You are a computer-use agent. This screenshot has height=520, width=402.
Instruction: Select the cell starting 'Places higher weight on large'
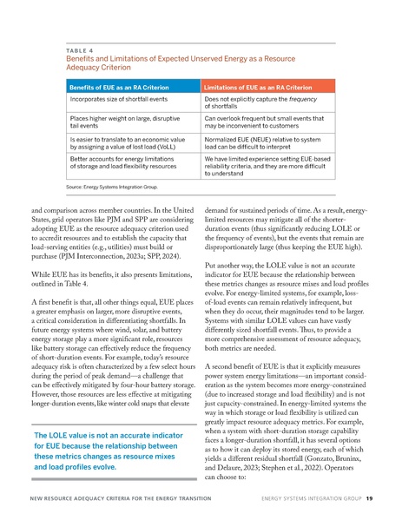[x=120, y=126]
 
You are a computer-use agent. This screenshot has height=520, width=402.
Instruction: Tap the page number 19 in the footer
[x=370, y=500]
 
